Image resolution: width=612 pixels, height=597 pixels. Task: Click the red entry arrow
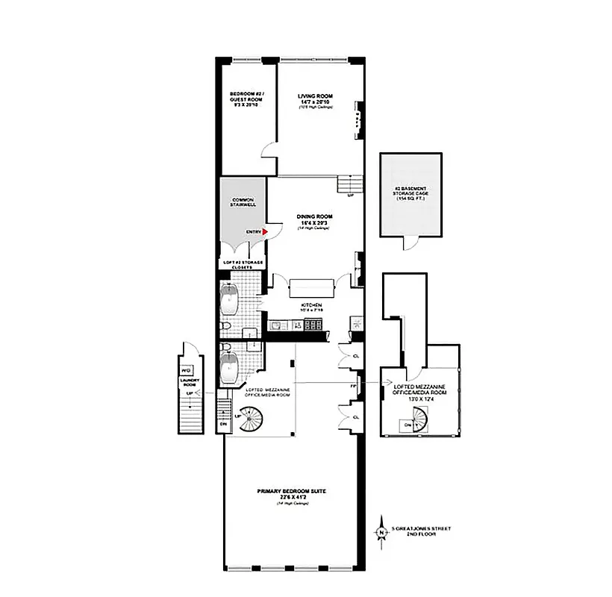click(x=264, y=232)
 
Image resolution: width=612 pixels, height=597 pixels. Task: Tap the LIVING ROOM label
click(x=314, y=96)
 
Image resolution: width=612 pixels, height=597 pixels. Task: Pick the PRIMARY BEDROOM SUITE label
click(x=292, y=491)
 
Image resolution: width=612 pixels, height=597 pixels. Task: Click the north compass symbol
click(x=382, y=531)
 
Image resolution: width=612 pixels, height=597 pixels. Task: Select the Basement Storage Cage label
click(x=410, y=193)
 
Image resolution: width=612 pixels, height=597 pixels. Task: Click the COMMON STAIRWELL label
click(x=243, y=203)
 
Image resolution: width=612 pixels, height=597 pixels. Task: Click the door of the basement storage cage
click(x=409, y=243)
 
